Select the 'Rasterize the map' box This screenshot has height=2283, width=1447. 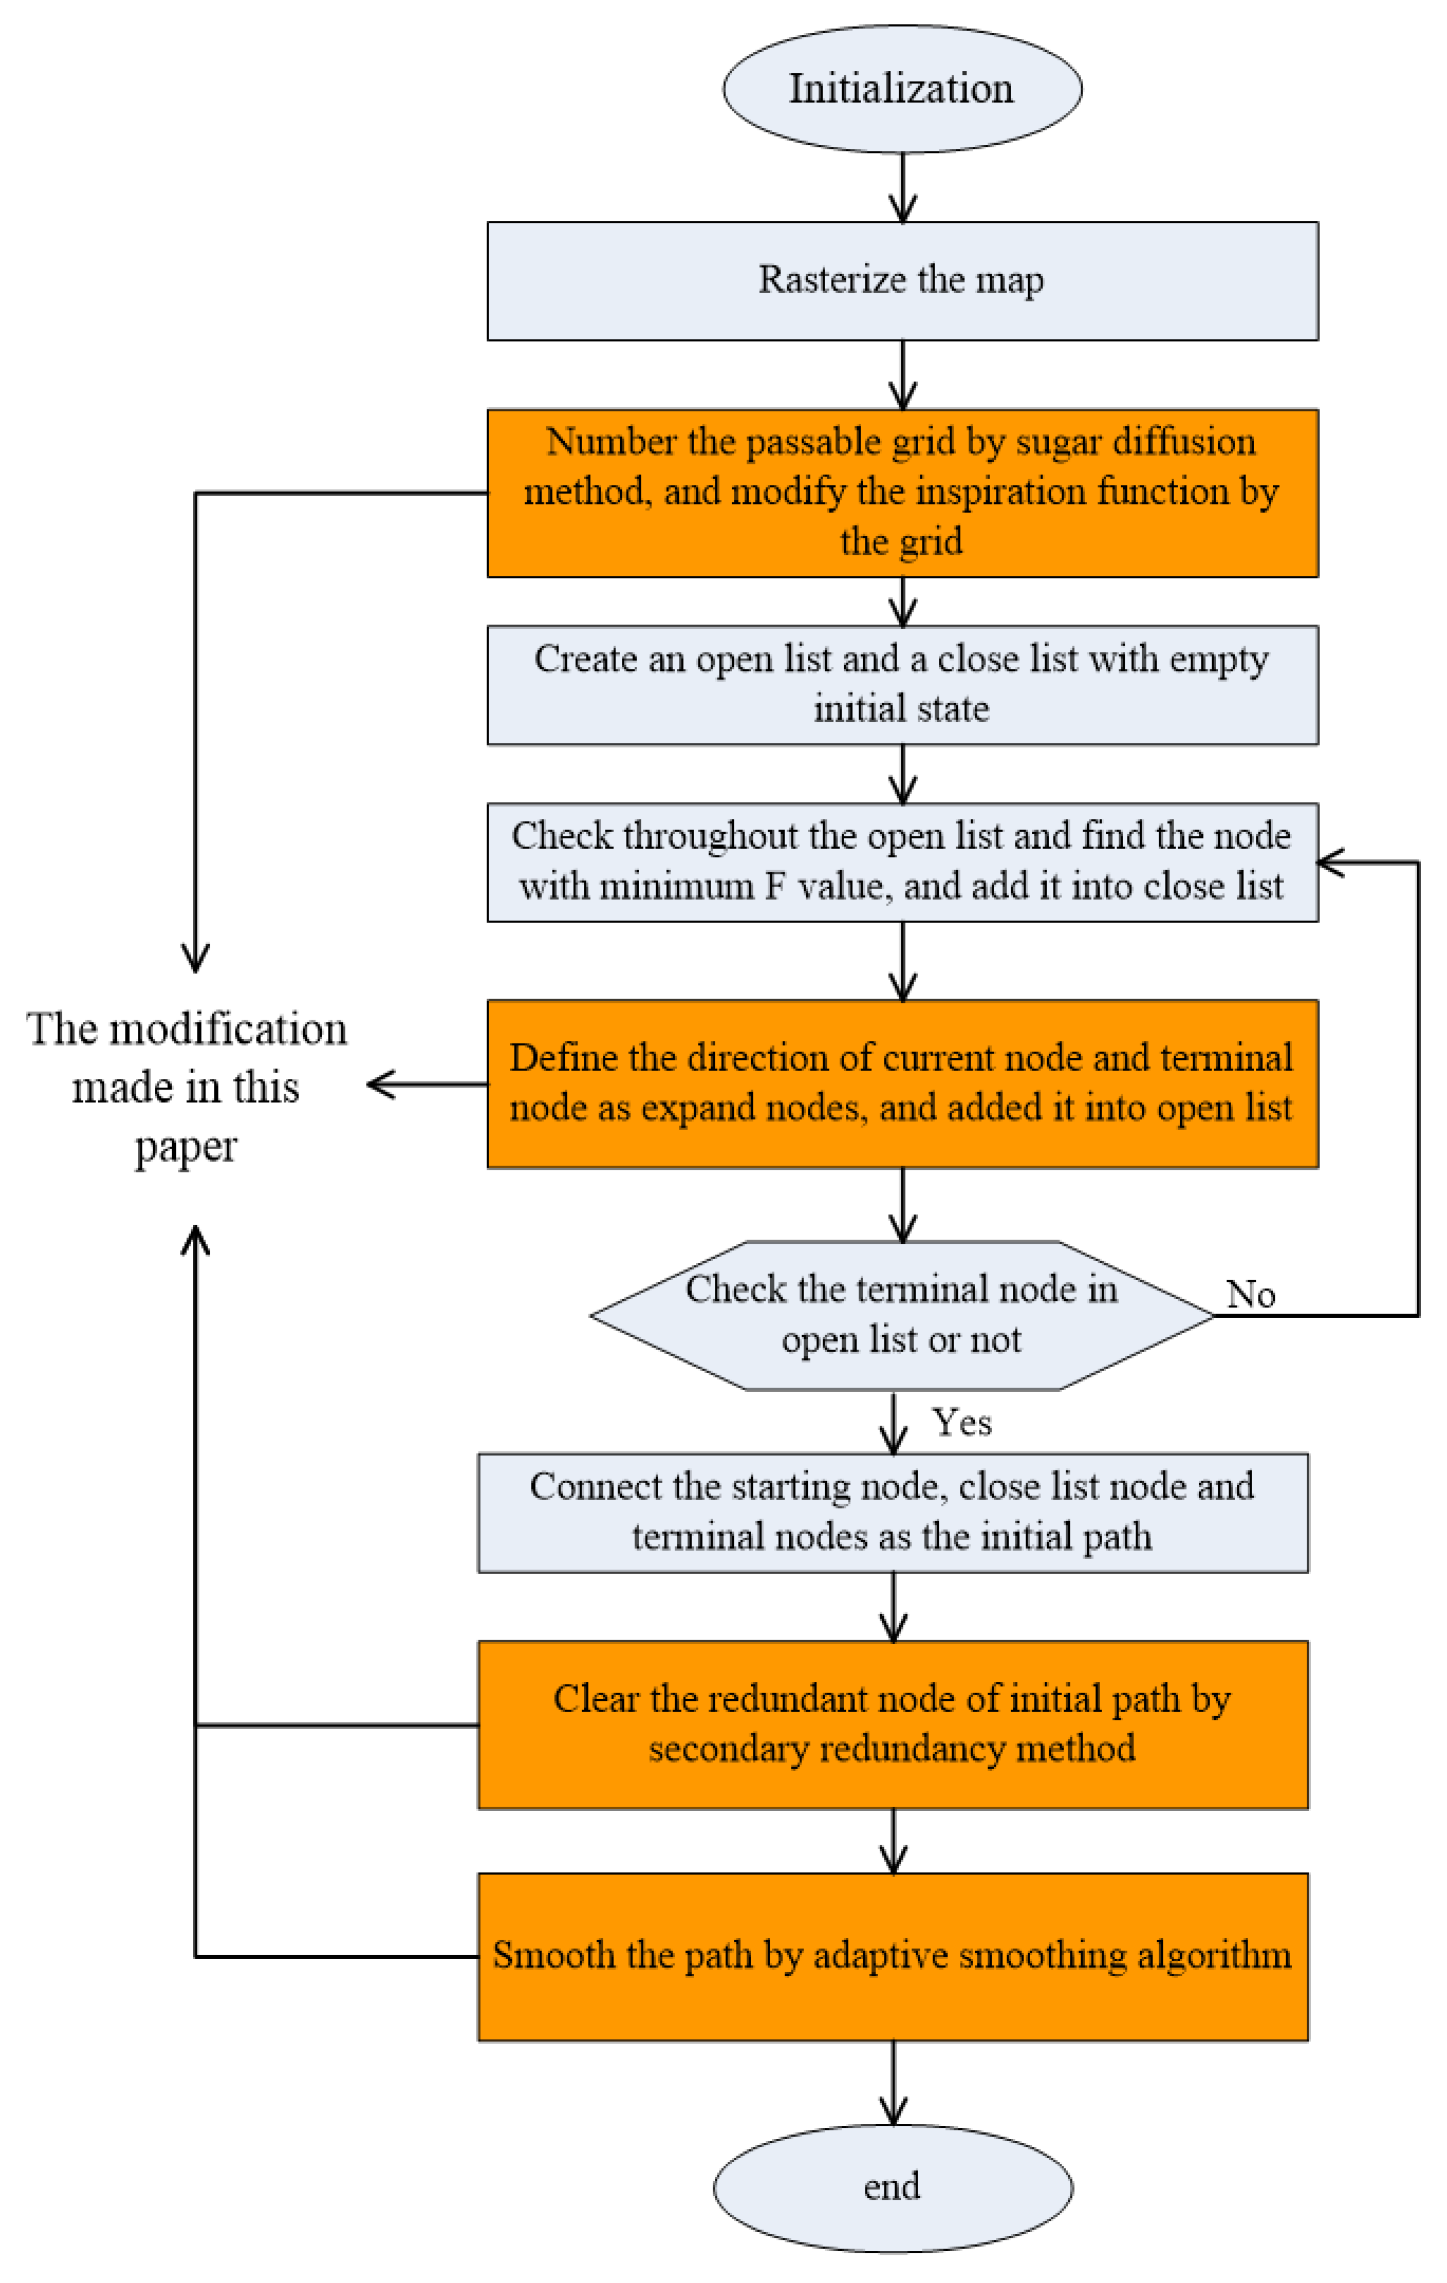[x=902, y=281]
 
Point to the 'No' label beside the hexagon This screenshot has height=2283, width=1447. [x=1250, y=1294]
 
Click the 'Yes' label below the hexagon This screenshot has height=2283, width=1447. [x=961, y=1422]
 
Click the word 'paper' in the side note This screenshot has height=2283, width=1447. [x=186, y=1146]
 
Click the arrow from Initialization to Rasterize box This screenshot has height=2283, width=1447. [x=902, y=188]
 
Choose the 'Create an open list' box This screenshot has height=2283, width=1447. [x=902, y=685]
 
